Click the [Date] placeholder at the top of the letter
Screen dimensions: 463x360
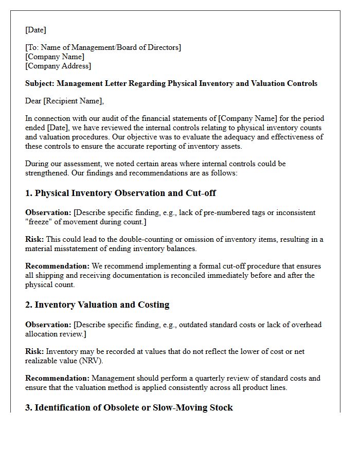pyautogui.click(x=35, y=30)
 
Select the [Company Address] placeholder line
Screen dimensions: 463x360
pyautogui.click(x=58, y=66)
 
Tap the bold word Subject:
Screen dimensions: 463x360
pyautogui.click(x=40, y=83)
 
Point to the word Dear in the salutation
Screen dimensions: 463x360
pyautogui.click(x=34, y=101)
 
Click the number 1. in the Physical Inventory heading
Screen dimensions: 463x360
pyautogui.click(x=29, y=193)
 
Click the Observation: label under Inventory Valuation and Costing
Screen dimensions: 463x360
pyautogui.click(x=48, y=325)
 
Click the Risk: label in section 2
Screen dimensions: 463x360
pyautogui.click(x=34, y=351)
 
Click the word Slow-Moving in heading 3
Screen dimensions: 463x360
pyautogui.click(x=176, y=407)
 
